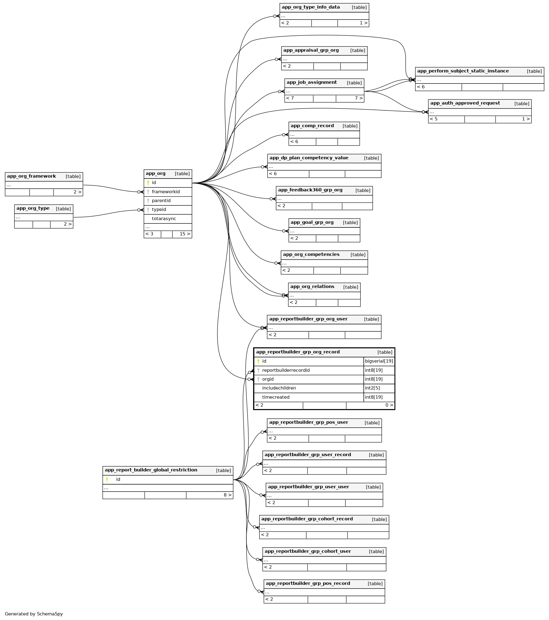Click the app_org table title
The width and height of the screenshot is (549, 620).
coord(156,174)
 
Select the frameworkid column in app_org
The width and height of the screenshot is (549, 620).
coord(166,192)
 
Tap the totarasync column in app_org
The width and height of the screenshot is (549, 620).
coord(164,219)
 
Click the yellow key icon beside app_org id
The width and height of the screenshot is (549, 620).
coord(148,183)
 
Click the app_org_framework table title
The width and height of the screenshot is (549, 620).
coord(31,176)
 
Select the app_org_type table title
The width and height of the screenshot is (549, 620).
coord(33,209)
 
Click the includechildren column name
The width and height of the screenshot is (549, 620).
coord(279,388)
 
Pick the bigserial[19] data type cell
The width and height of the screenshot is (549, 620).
coord(379,361)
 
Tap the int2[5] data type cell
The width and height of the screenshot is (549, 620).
coord(372,388)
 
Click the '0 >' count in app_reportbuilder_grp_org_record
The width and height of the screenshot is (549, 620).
coord(389,405)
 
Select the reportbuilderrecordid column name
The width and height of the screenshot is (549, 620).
coord(286,370)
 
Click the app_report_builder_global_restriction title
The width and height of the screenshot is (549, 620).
coord(151,470)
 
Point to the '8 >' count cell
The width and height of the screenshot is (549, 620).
coord(227,495)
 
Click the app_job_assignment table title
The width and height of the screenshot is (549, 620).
coord(311,83)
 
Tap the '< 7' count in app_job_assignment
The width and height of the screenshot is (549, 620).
coord(290,98)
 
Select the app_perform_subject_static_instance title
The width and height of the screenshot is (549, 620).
coord(463,71)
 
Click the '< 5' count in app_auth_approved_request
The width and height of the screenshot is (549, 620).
coord(433,119)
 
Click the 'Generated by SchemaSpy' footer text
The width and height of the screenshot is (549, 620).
coord(34,614)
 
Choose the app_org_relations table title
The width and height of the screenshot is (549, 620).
coord(312,287)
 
